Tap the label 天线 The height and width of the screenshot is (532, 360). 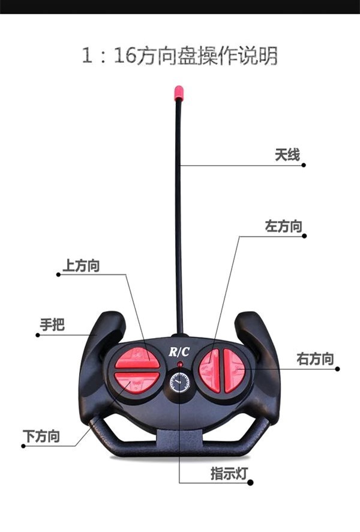click(287, 155)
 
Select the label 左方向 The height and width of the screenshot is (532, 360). click(283, 226)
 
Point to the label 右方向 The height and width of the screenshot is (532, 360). click(315, 359)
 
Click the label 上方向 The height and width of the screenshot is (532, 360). click(81, 265)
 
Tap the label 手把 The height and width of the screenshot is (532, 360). click(52, 325)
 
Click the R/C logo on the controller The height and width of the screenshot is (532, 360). click(179, 352)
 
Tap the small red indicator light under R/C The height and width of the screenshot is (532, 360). click(179, 364)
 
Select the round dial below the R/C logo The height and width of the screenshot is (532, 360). click(179, 382)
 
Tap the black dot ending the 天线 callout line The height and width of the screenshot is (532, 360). click(304, 165)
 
